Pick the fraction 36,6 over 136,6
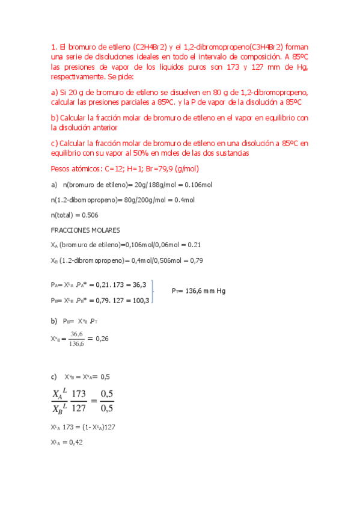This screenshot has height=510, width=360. [76, 339]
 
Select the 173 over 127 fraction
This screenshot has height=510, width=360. [79, 401]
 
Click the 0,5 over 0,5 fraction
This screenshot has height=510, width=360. [106, 401]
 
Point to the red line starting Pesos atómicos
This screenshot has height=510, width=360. [109, 169]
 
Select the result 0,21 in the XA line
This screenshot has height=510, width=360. [194, 245]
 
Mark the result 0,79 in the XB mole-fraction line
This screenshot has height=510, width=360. [196, 260]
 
